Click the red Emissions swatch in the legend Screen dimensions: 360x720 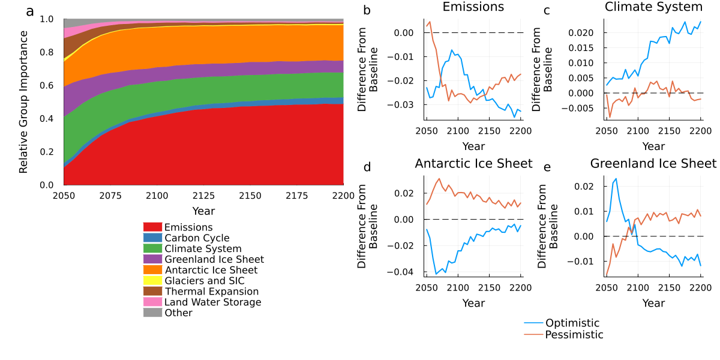(x=152, y=227)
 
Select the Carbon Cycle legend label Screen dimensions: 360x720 (x=197, y=238)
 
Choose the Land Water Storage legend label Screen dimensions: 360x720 (x=212, y=302)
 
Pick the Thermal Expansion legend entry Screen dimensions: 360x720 (x=211, y=292)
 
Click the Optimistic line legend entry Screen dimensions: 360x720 (x=572, y=323)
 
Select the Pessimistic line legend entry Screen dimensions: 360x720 (x=574, y=335)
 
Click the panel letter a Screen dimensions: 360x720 (x=30, y=12)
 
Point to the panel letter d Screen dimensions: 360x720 (x=367, y=167)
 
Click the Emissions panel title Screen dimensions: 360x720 (x=473, y=7)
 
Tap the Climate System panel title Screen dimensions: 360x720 (x=653, y=7)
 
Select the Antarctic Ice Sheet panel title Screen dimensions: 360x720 (x=473, y=164)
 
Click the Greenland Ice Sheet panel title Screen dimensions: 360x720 (x=653, y=164)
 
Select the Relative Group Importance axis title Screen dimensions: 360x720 (x=24, y=101)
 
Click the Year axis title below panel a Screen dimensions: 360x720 (x=203, y=211)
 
